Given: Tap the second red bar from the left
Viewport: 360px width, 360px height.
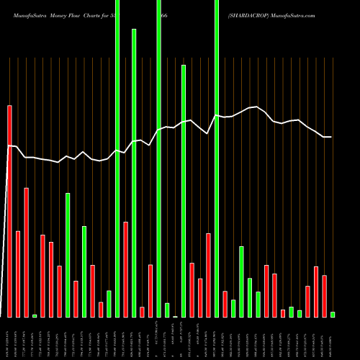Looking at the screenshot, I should pyautogui.click(x=18, y=274).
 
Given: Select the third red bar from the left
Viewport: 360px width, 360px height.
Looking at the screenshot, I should pyautogui.click(x=27, y=252).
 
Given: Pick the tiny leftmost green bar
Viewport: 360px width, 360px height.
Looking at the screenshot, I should pyautogui.click(x=35, y=315).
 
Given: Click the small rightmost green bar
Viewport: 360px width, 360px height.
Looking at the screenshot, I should pyautogui.click(x=333, y=314).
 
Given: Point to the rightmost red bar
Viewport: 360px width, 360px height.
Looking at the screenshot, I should pyautogui.click(x=324, y=296).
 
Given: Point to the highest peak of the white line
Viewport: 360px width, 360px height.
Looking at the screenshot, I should pyautogui.click(x=256, y=107).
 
